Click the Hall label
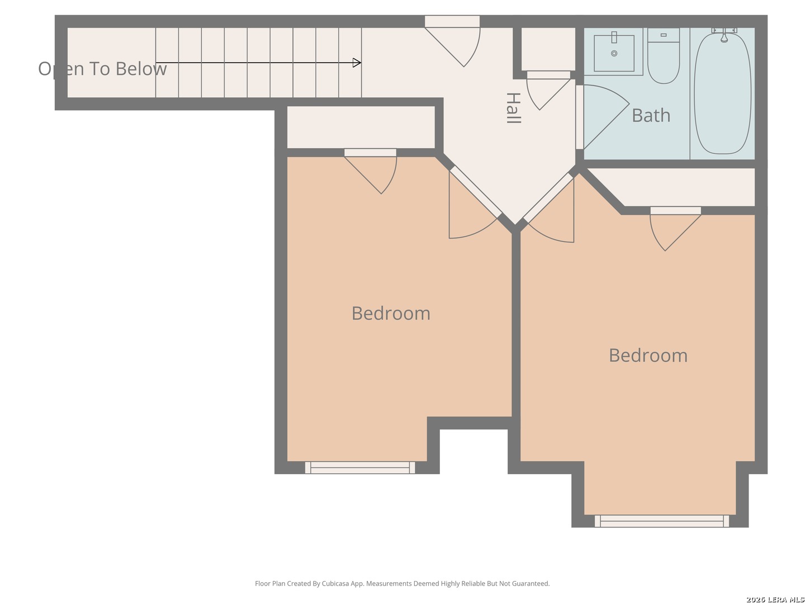513,108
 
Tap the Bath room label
651,116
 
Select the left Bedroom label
391,313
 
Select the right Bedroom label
648,355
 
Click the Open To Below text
102,69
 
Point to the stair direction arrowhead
357,63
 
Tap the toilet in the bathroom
663,56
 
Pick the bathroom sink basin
614,53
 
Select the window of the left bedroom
360,468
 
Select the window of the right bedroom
661,521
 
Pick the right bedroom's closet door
675,229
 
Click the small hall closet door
548,90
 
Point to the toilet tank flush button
664,35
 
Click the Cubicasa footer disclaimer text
402,583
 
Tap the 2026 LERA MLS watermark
775,600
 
